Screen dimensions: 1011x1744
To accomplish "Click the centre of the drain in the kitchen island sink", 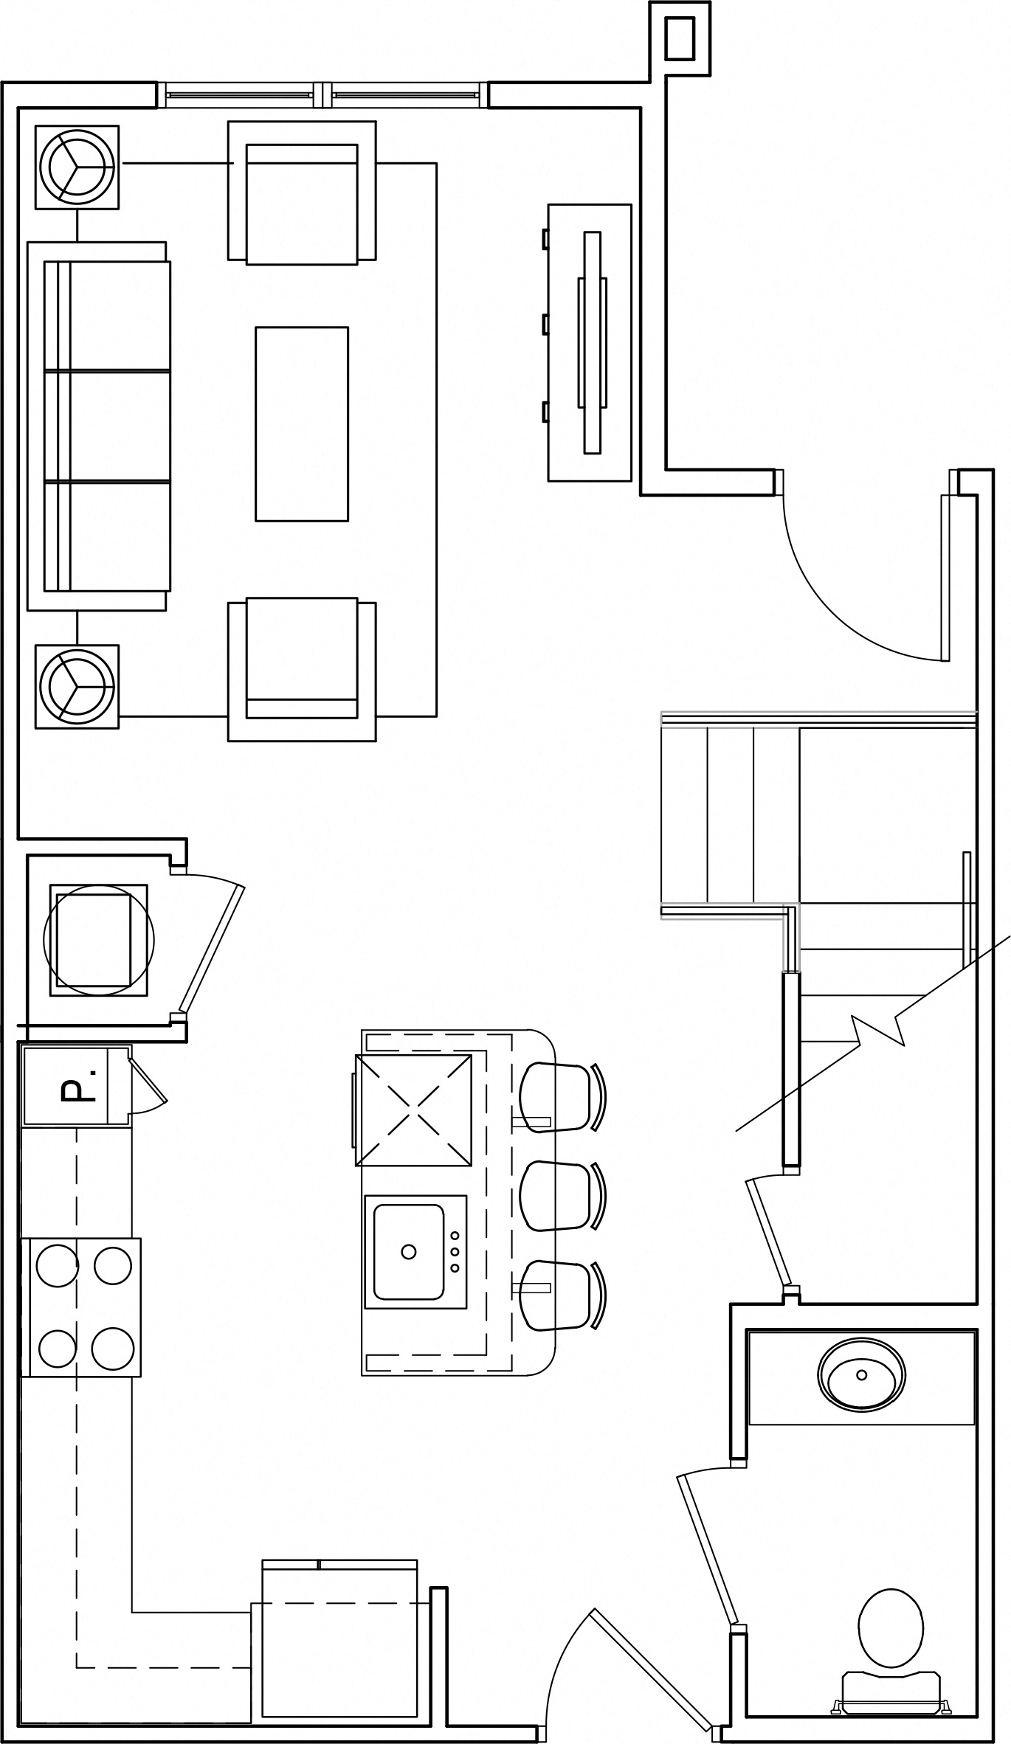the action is point(408,1251).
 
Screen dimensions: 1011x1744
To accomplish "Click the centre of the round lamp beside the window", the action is point(77,167).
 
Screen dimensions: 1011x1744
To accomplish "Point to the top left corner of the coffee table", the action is point(256,328).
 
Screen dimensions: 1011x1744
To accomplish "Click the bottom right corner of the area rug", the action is point(436,716).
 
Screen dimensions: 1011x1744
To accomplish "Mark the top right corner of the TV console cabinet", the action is point(632,204).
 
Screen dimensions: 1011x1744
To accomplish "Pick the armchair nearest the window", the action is point(302,192).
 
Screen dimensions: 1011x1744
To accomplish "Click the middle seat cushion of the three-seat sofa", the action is point(108,426).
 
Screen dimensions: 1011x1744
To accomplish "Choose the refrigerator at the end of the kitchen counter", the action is point(340,1627).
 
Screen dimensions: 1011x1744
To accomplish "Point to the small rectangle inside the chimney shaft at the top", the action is point(680,38).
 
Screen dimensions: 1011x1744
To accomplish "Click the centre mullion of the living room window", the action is point(322,95).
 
